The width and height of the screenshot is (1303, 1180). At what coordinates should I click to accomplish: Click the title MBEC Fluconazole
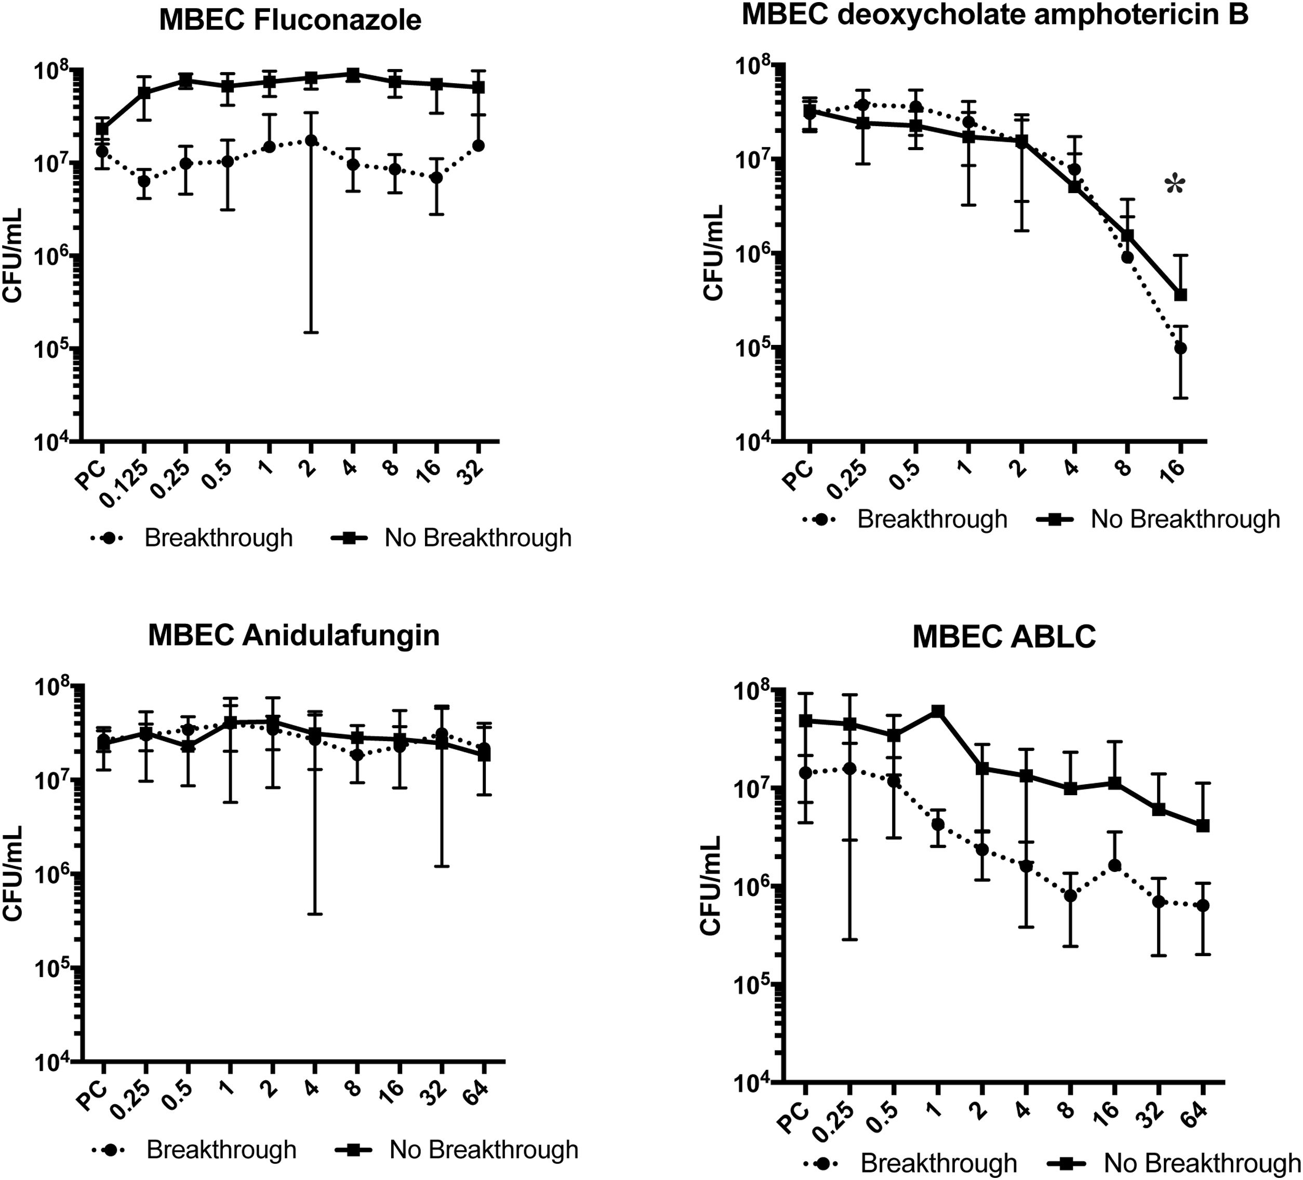(x=290, y=20)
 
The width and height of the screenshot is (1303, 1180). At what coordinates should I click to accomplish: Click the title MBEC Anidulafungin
(x=294, y=635)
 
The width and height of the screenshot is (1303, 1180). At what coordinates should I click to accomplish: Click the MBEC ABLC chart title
(x=1004, y=637)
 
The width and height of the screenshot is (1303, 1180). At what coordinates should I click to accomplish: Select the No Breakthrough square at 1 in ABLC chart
(x=937, y=712)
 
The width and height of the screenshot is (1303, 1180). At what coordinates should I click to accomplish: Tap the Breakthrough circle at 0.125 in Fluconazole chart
(x=143, y=181)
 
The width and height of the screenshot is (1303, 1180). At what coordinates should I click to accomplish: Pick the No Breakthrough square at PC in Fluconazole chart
(x=102, y=129)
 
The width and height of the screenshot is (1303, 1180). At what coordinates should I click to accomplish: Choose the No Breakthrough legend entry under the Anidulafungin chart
(x=458, y=1150)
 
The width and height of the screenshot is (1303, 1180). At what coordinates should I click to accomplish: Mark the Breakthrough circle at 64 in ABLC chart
(x=1203, y=905)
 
